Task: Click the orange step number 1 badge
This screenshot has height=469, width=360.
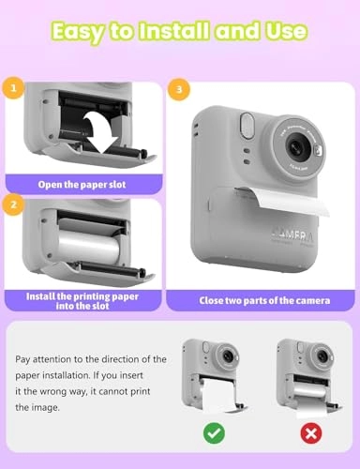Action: click(x=13, y=90)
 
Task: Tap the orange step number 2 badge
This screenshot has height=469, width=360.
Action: click(x=13, y=202)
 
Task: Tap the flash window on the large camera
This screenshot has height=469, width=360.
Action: click(x=247, y=124)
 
